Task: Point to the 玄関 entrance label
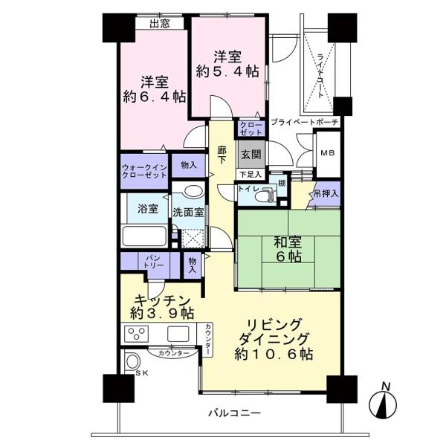[x=250, y=155]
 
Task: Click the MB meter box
[x=327, y=153]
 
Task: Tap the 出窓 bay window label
[x=160, y=24]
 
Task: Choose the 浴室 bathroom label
[x=147, y=209]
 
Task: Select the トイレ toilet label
[x=248, y=190]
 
